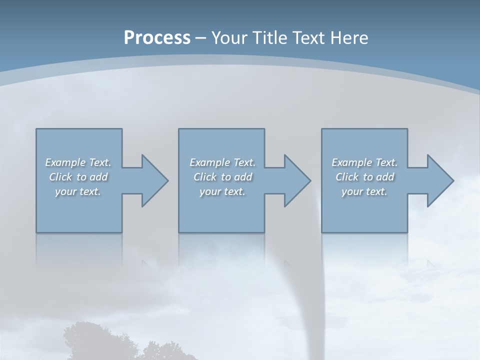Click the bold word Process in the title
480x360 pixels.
coord(157,38)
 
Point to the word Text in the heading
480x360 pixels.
coord(307,38)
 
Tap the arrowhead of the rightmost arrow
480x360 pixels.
coord(439,180)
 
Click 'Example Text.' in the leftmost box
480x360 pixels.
coord(78,162)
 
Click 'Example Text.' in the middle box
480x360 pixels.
coord(222,162)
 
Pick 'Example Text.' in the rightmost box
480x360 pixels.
coord(364,162)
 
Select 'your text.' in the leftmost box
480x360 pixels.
coord(78,191)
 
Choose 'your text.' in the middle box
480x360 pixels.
coord(222,191)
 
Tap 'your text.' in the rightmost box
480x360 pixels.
coord(364,191)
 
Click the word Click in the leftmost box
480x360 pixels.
coord(60,177)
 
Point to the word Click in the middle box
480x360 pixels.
coord(205,177)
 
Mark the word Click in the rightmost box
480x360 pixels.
coord(347,177)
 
